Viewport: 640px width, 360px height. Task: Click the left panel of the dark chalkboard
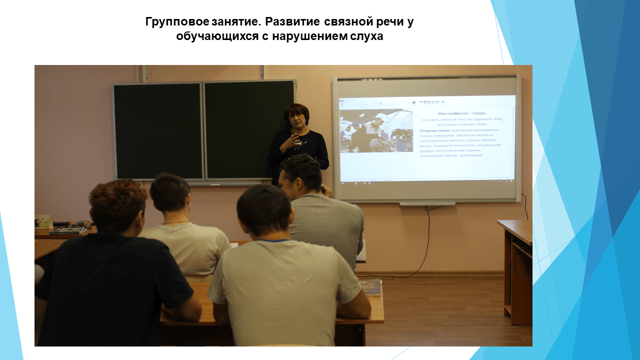coord(158,130)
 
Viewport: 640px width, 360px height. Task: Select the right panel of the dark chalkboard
coord(249,129)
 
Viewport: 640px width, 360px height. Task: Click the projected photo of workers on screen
coord(376,130)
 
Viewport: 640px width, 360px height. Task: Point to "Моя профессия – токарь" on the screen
coord(461,113)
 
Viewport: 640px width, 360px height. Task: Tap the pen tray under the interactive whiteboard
coord(427,203)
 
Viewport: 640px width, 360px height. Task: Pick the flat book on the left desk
coord(67,230)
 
